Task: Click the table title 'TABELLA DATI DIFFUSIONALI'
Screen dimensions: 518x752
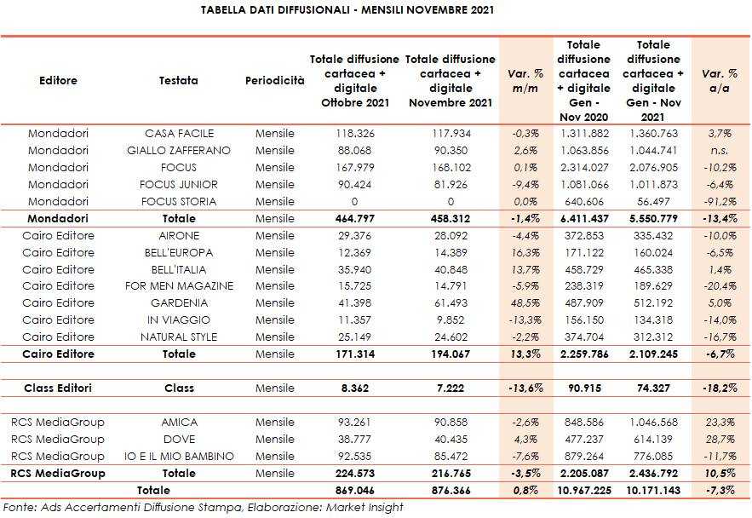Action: pos(281,10)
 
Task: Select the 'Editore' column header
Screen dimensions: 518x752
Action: pos(58,80)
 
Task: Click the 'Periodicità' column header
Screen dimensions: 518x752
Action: pos(274,80)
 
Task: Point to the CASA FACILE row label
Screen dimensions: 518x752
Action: pos(179,134)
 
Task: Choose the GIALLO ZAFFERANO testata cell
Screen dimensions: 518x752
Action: pos(179,151)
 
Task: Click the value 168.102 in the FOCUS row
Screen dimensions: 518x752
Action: pos(450,168)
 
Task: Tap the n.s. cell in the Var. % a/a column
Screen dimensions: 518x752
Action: pos(720,151)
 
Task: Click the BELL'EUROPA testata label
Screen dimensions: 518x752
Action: pos(179,253)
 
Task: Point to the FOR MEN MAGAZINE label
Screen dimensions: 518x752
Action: pos(179,286)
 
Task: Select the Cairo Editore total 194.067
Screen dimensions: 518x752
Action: pos(450,354)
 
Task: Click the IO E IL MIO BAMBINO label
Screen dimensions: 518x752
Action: pos(179,456)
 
